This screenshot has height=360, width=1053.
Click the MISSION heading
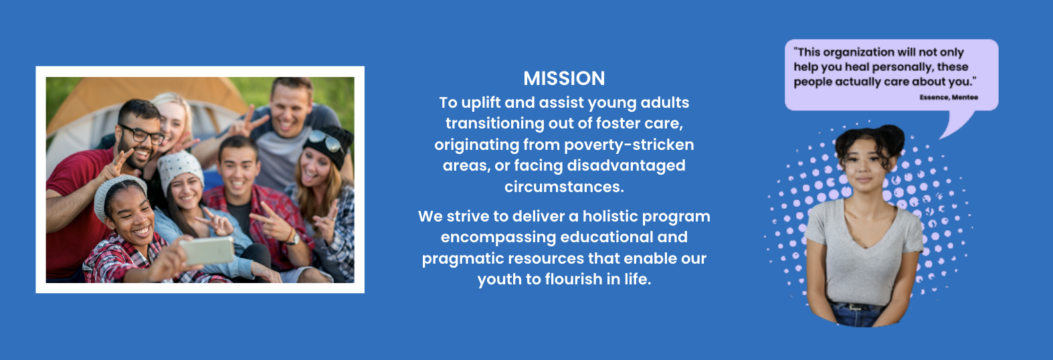(x=564, y=78)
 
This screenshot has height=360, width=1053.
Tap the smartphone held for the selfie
(x=207, y=250)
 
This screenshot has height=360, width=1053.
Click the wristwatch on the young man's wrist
(x=293, y=239)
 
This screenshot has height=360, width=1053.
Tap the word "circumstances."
(x=564, y=187)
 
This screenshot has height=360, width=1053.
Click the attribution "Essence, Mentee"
(x=949, y=97)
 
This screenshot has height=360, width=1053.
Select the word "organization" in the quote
(x=852, y=53)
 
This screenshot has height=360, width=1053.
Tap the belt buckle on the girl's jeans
(x=855, y=308)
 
